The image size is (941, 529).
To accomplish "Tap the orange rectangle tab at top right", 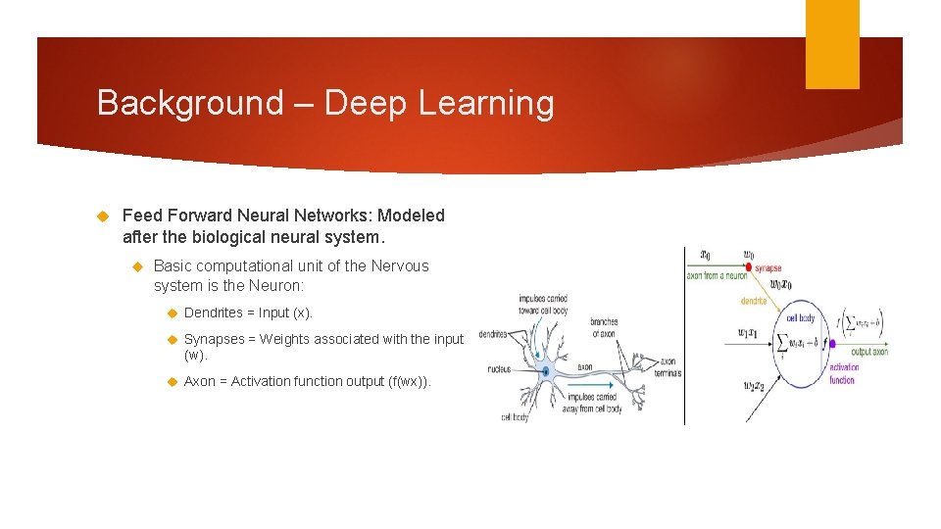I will (x=832, y=44).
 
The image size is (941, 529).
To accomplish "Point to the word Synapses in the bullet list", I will (x=214, y=339).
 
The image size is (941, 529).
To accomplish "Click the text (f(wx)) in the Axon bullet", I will (x=410, y=381).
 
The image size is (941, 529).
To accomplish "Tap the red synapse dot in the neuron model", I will (x=750, y=267).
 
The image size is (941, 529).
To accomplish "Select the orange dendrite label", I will (x=753, y=301).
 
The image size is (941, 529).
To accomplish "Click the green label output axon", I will (x=868, y=352).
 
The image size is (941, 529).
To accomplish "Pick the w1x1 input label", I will (x=755, y=332).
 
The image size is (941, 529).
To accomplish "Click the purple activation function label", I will (x=842, y=374).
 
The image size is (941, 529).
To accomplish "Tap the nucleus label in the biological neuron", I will (x=499, y=369).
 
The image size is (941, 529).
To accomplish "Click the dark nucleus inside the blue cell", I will (x=546, y=371).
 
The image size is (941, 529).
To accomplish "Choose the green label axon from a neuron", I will (x=716, y=276).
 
